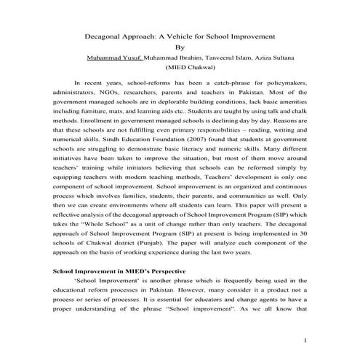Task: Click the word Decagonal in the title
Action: [x=106, y=36]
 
